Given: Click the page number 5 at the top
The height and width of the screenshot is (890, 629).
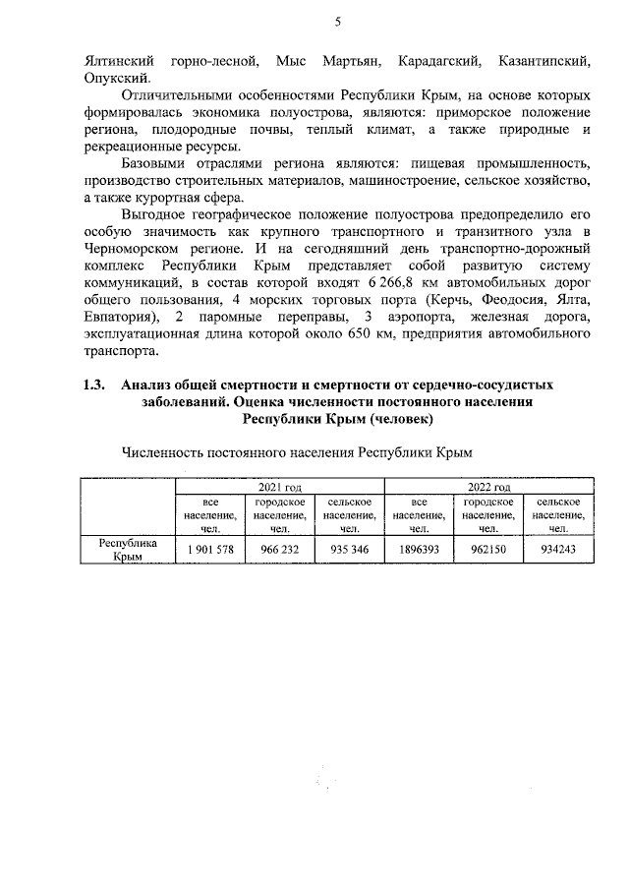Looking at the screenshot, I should point(339,22).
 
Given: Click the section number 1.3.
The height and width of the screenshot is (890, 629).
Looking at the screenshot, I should point(94,385).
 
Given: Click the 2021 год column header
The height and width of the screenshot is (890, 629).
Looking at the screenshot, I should point(279,487).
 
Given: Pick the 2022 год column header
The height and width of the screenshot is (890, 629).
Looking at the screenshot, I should point(488,487).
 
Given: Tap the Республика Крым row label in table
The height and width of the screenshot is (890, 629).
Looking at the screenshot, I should point(127,549).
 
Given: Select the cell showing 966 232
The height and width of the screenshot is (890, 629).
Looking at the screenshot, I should point(279,549).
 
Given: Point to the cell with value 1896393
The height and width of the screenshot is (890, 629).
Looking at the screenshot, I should point(419,549).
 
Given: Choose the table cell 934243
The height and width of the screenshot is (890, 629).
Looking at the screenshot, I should point(558,549).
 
